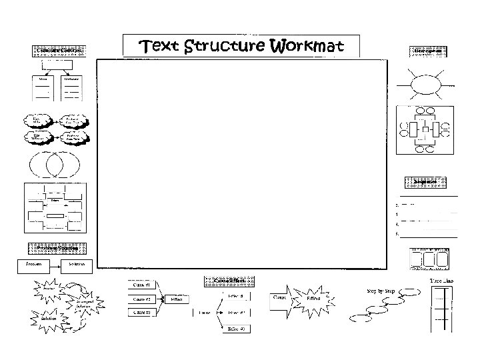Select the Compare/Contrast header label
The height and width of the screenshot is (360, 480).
tap(58, 51)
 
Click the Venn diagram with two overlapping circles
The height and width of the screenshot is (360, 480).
tap(54, 163)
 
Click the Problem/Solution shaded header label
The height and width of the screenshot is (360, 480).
tap(58, 248)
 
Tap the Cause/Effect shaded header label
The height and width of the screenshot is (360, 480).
tap(227, 281)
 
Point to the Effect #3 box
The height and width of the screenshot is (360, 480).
tap(237, 329)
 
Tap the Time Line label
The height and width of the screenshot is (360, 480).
tap(442, 282)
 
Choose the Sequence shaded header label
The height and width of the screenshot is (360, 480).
tap(425, 181)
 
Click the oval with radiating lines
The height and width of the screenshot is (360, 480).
tap(425, 85)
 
